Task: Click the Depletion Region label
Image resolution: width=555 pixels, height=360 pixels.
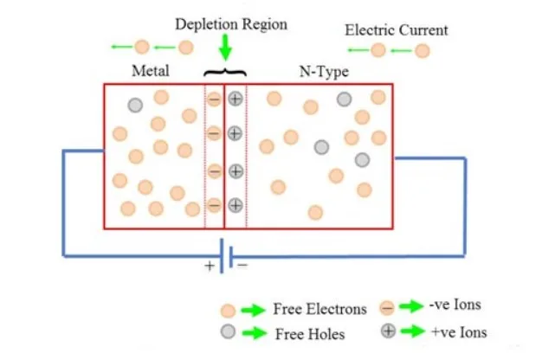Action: (231, 24)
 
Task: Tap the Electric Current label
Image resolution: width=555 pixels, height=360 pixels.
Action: (397, 30)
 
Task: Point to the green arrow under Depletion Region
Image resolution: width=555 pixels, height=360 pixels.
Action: (225, 46)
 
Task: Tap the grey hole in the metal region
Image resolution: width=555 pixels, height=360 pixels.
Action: (134, 106)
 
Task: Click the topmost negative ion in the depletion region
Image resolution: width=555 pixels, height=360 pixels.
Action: (214, 99)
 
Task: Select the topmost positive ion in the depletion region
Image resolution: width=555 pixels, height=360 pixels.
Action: (235, 99)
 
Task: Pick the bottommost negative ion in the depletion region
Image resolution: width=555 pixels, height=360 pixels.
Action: (214, 205)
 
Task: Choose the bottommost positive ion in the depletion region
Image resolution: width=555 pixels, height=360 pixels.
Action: (235, 205)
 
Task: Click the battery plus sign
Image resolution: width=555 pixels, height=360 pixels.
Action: (209, 266)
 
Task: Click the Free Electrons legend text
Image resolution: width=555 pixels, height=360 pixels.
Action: (319, 309)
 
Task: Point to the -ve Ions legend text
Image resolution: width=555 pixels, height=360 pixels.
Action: (454, 305)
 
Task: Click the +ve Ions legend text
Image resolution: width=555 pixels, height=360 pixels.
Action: (458, 331)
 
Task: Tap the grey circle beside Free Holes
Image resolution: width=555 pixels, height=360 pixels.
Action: (228, 331)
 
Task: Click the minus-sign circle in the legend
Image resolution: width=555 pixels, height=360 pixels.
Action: (388, 307)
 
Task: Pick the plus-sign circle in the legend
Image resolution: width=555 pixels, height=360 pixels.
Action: (388, 331)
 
